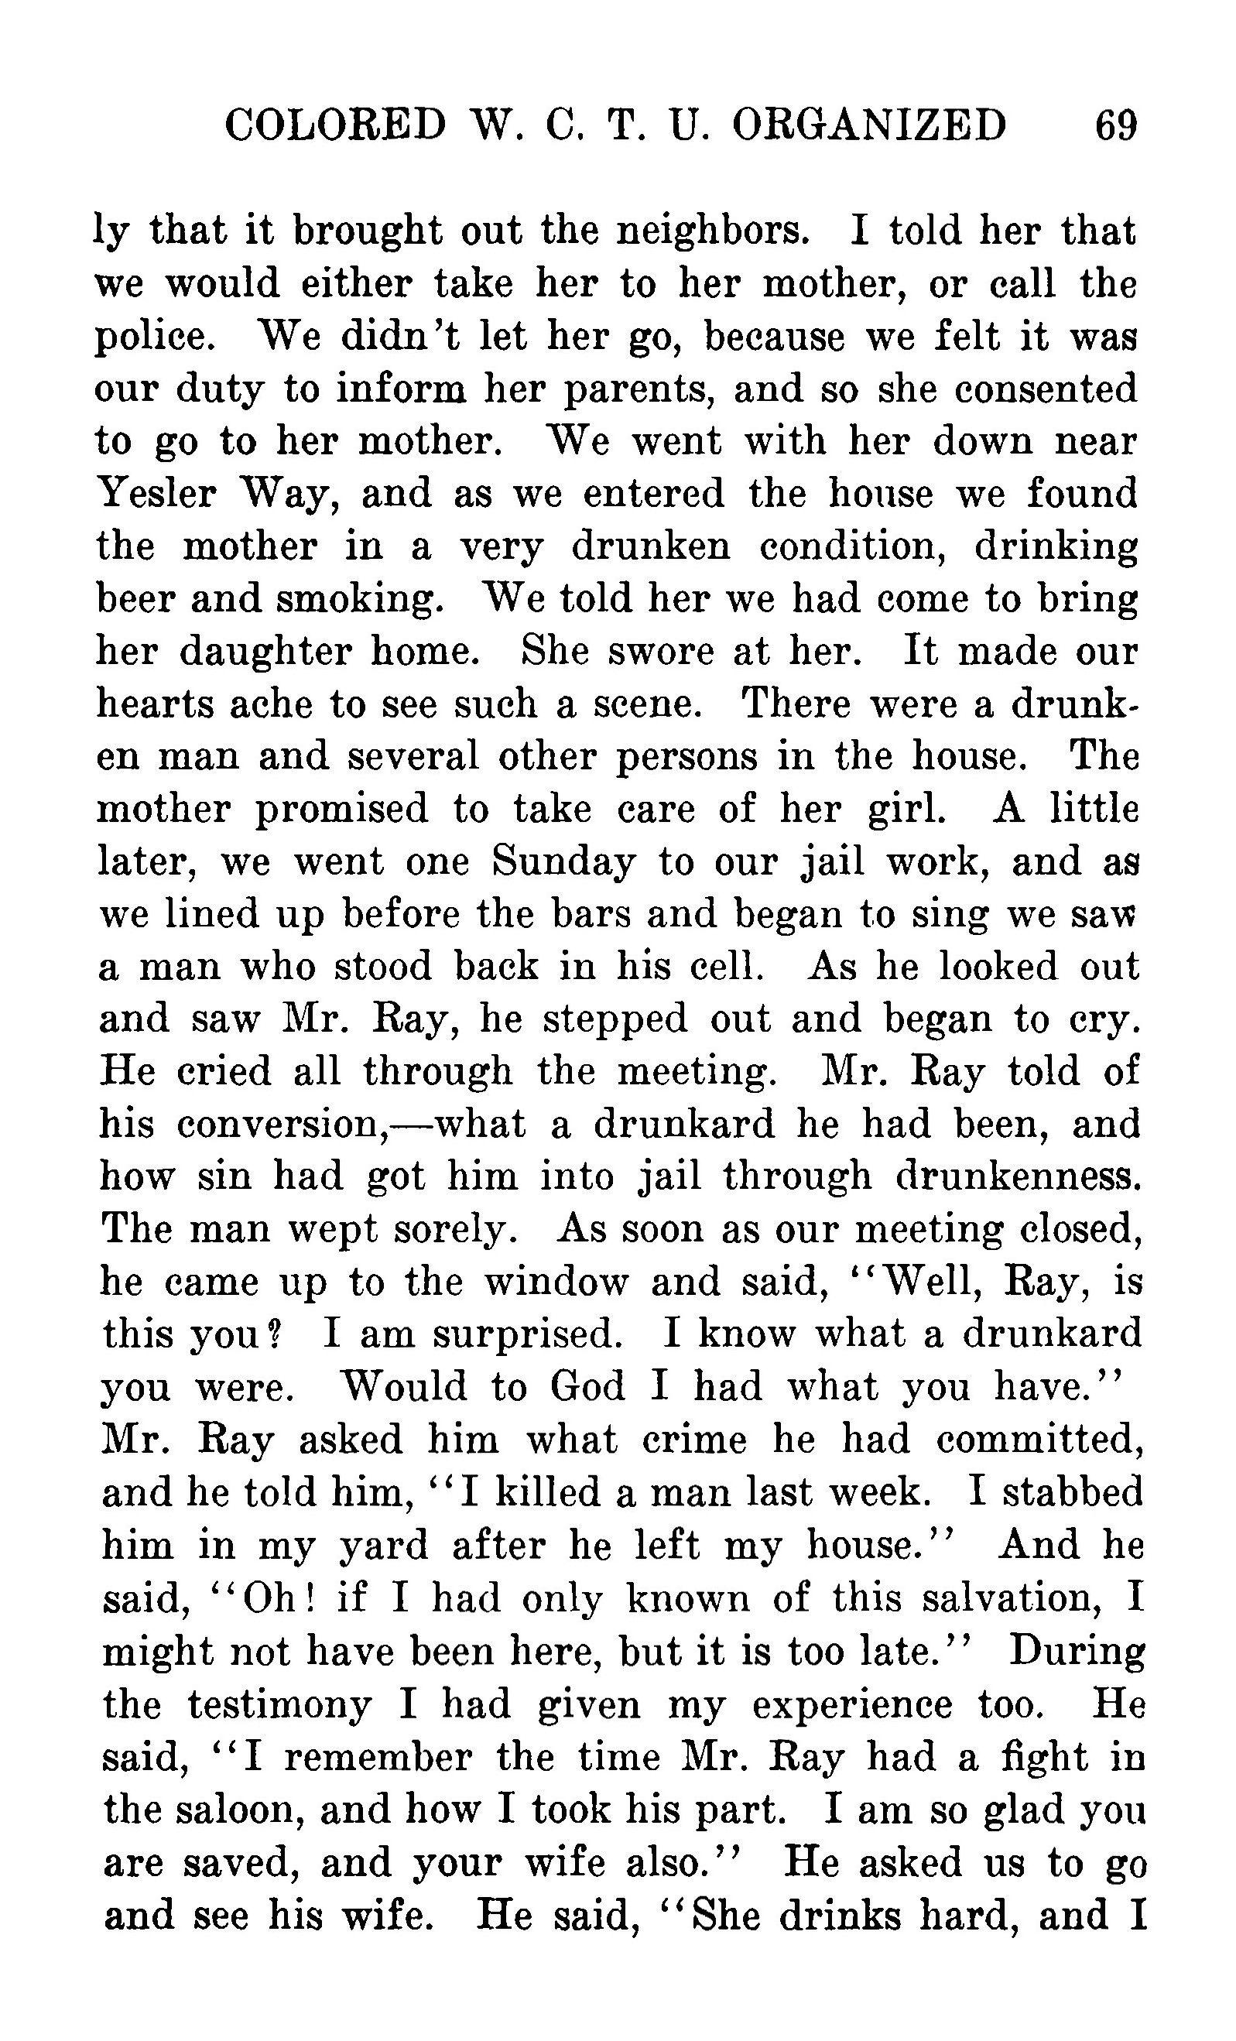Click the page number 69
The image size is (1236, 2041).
(x=1116, y=126)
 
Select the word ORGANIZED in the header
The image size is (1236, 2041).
(x=869, y=126)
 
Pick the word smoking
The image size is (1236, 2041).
(x=360, y=599)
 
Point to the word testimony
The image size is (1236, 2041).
(x=279, y=1703)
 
